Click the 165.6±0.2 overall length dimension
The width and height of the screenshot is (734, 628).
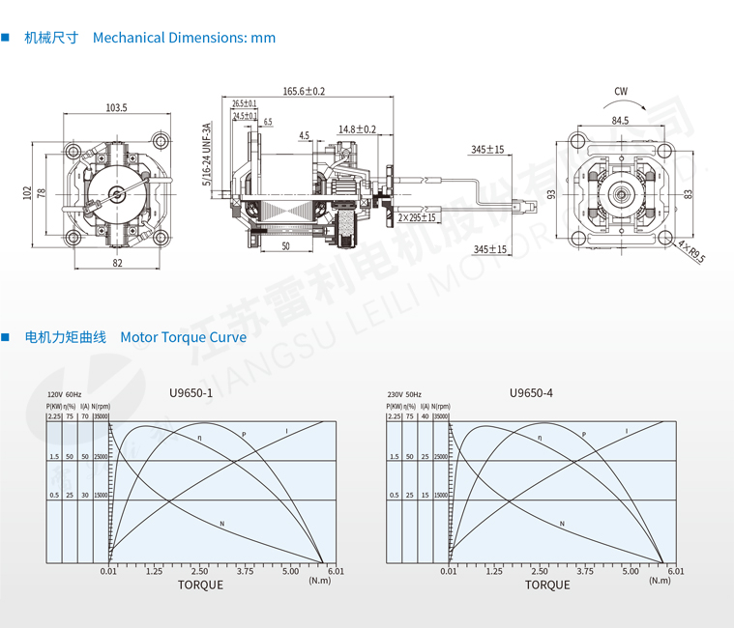point(304,91)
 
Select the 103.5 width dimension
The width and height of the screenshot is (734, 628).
point(116,107)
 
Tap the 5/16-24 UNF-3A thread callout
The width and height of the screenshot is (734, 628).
point(205,154)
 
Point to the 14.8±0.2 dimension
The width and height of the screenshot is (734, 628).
point(357,128)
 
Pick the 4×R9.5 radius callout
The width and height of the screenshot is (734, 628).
point(691,252)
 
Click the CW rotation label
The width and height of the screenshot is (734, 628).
point(621,92)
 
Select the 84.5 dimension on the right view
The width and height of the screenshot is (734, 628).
point(620,121)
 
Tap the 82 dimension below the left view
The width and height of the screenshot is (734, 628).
point(117,263)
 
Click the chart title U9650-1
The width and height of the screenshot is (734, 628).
point(191,393)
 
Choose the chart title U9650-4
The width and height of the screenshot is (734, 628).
point(531,393)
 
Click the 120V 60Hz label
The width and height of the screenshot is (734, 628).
point(65,396)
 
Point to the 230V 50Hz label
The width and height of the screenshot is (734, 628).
point(404,396)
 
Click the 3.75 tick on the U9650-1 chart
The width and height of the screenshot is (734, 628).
point(245,571)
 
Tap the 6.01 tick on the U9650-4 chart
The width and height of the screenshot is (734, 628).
point(675,571)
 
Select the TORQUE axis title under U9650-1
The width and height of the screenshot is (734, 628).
point(200,585)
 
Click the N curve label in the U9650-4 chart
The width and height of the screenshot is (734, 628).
point(563,523)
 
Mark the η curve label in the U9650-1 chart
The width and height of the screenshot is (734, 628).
point(199,440)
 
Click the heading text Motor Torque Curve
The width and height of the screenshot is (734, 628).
point(183,337)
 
